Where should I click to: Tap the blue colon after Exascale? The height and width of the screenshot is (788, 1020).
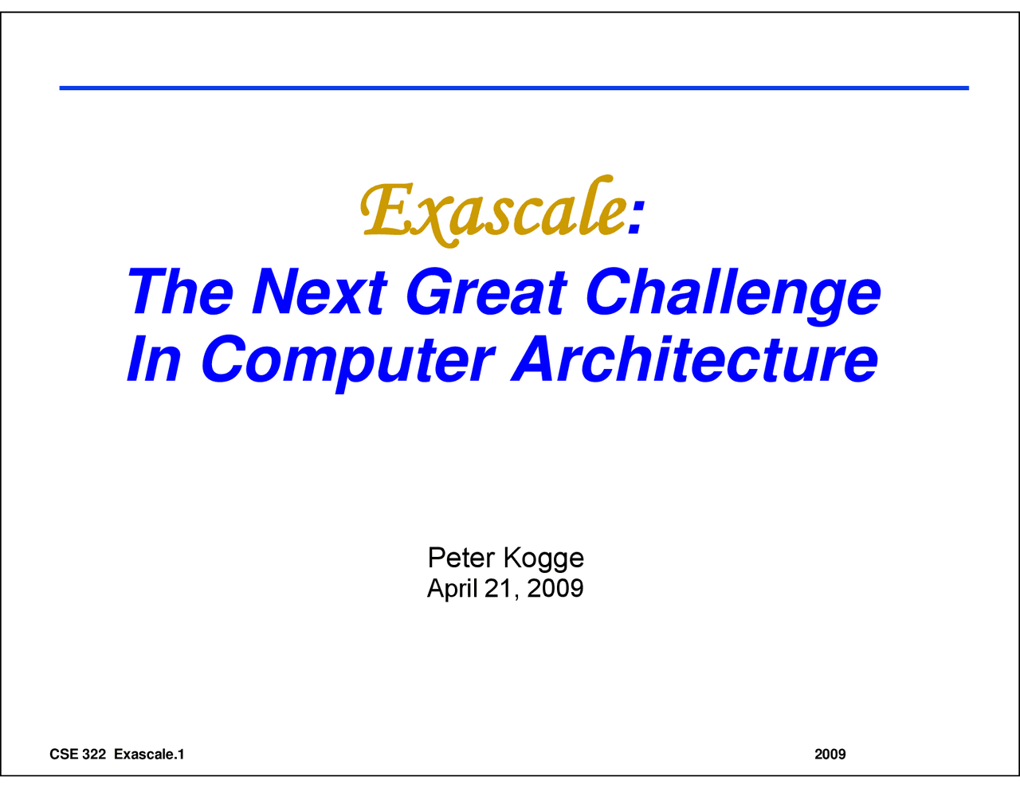[635, 218]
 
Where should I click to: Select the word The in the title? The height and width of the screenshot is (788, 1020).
[179, 292]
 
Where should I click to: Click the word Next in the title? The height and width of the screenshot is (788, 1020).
[320, 292]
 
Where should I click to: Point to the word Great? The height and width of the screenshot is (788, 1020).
[486, 292]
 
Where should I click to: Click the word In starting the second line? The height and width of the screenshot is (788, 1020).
[154, 359]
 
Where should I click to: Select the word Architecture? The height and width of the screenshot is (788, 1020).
[695, 359]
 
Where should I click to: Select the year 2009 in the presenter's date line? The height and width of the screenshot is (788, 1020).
[555, 588]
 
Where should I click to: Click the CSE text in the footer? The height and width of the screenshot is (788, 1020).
[64, 754]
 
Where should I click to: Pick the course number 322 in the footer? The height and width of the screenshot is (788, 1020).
[94, 754]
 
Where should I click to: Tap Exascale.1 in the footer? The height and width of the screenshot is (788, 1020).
[149, 754]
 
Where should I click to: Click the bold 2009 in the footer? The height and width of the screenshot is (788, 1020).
[830, 754]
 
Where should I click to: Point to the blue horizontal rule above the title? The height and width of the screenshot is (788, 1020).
[514, 88]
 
